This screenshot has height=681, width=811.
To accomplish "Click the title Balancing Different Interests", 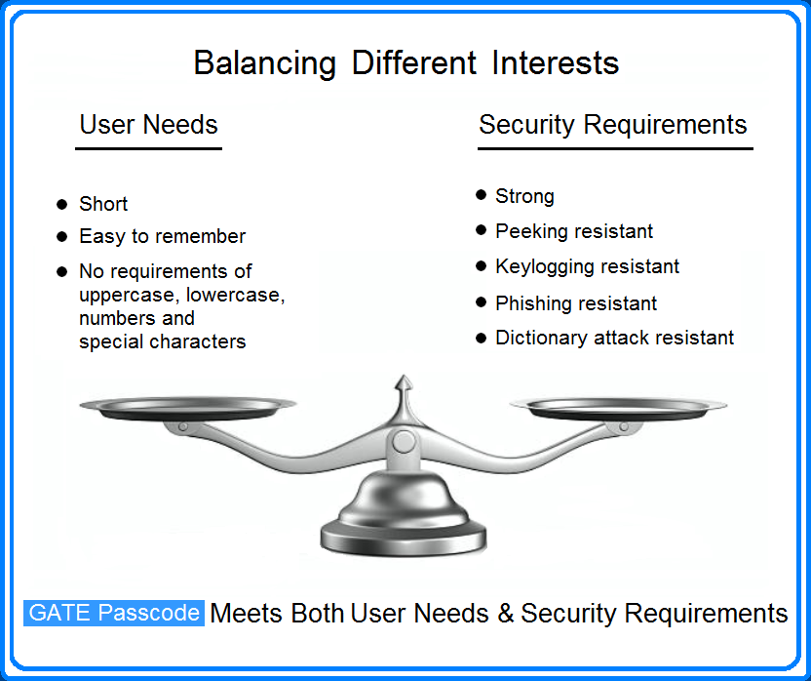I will (405, 63).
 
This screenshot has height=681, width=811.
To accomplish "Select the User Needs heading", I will (148, 125).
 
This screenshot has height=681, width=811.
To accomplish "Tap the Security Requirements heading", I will (612, 125).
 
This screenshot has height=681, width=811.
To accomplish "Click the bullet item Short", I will (103, 204).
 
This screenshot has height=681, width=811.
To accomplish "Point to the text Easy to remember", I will (162, 236).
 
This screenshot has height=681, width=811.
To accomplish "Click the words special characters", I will (162, 341).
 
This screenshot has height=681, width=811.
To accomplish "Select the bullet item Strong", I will (524, 196).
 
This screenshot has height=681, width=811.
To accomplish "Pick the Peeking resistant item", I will (574, 231).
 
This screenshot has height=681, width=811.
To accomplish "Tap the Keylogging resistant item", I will (587, 266).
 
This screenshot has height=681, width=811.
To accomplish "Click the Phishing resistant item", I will (576, 303).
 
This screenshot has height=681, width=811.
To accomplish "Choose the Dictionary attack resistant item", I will (614, 338).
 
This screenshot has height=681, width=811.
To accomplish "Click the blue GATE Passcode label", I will (114, 613).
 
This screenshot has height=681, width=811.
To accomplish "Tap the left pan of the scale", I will (187, 408).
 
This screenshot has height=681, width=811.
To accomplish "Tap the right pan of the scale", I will (618, 408).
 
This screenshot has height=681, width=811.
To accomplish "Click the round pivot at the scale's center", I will (401, 441).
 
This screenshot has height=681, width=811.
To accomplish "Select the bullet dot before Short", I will (61, 204).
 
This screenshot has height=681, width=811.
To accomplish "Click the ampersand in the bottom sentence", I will (504, 614).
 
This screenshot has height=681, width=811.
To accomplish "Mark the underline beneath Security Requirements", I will (614, 148).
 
